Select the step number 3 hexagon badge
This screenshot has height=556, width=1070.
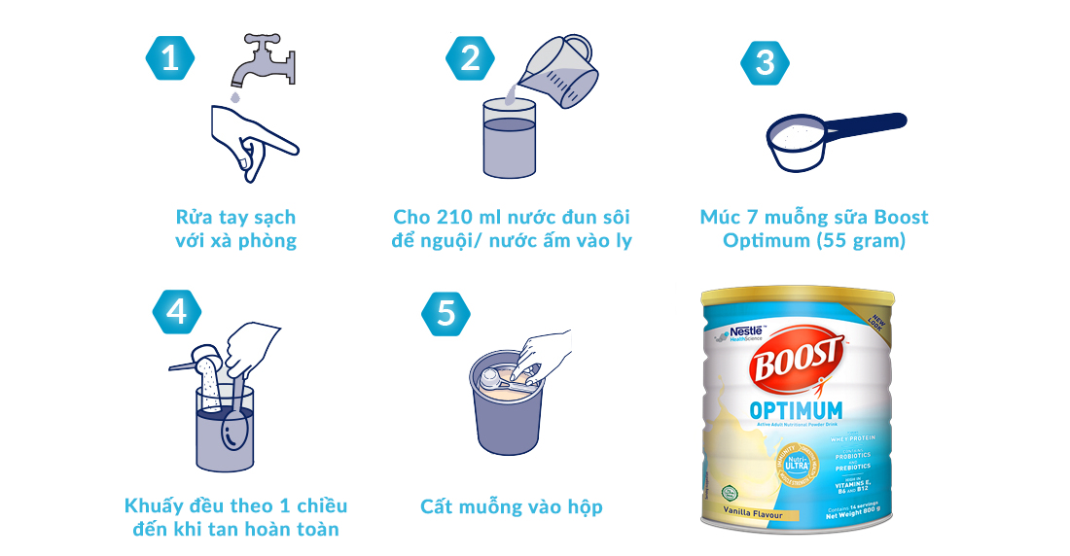766,62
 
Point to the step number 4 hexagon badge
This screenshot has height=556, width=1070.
177,311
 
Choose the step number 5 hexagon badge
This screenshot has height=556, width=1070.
446,313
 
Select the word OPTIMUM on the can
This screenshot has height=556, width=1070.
796,410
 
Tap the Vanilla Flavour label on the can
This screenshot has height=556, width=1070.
753,511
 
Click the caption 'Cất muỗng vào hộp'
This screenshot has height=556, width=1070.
512,506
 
